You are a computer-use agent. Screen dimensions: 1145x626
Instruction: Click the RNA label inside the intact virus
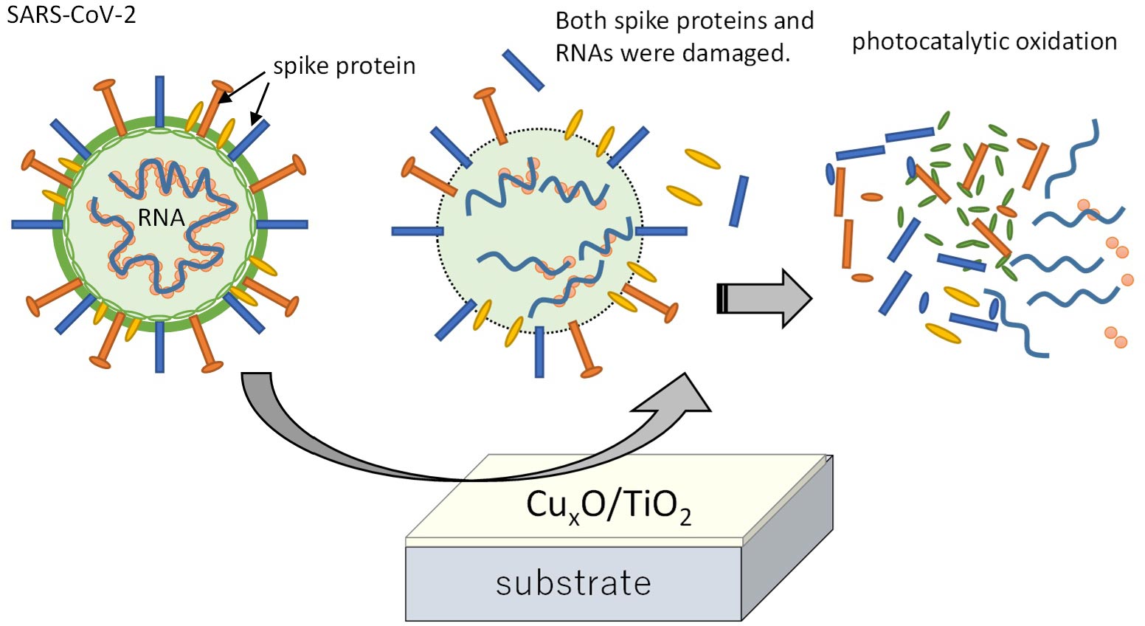point(161,218)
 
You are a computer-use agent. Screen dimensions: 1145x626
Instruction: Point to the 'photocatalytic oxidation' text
point(984,42)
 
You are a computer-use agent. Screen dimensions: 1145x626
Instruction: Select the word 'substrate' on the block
point(573,583)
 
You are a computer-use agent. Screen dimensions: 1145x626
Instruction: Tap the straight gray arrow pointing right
point(764,298)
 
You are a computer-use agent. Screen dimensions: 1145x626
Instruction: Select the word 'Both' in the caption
point(581,21)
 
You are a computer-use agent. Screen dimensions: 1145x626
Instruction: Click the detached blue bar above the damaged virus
point(523,70)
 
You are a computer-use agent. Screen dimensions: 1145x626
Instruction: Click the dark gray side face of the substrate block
point(787,537)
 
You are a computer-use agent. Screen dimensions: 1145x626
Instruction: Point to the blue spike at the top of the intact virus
point(159,101)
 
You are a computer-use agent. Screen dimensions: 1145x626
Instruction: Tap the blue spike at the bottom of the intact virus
point(159,347)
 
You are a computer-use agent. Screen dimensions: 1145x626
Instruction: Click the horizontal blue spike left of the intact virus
point(38,224)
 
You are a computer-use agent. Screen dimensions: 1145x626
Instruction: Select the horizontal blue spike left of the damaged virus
point(417,232)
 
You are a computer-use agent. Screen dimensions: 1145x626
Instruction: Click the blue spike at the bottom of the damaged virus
point(539,352)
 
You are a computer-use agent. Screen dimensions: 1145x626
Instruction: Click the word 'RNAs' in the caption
point(584,52)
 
